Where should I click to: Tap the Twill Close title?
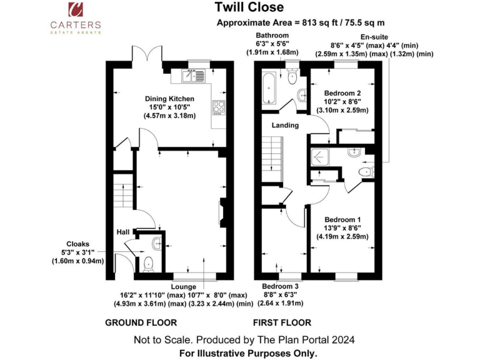click(x=249, y=7)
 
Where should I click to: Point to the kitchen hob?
click(x=218, y=107)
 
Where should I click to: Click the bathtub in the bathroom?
click(x=270, y=89)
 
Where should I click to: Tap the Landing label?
click(x=285, y=125)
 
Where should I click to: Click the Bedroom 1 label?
click(x=342, y=219)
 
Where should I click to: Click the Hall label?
click(x=122, y=232)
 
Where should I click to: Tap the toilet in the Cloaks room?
click(x=147, y=265)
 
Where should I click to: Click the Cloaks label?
click(x=78, y=244)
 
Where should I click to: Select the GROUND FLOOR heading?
click(x=141, y=323)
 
